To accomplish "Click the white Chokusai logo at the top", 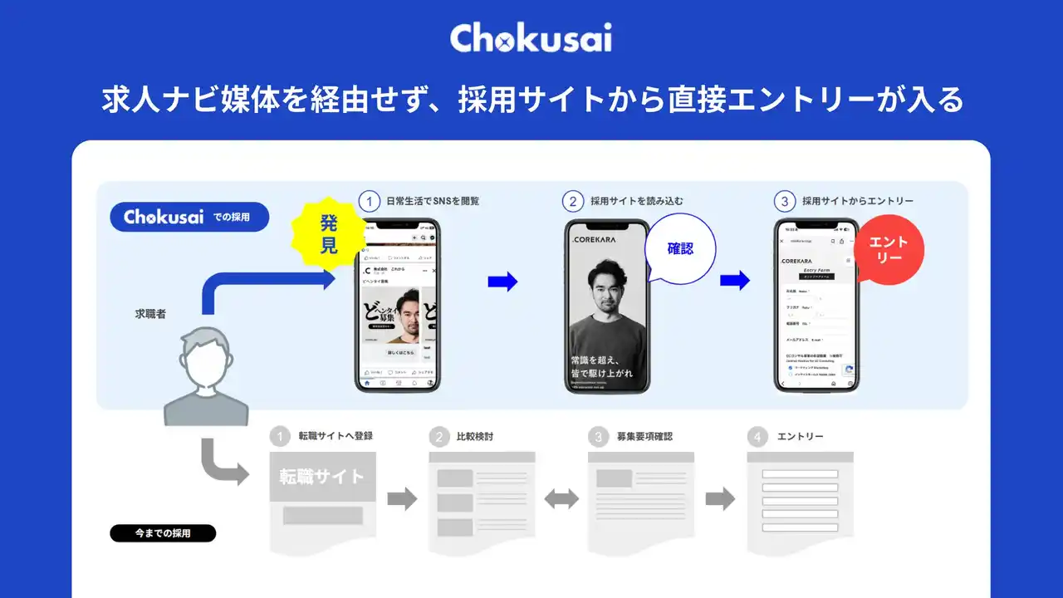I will (531, 37).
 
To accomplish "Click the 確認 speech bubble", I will (679, 248).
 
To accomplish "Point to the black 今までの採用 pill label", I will (163, 533).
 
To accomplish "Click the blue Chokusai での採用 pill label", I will (189, 217).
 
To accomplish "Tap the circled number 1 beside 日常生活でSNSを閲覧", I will (370, 201).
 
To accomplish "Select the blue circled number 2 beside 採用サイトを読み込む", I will (573, 201).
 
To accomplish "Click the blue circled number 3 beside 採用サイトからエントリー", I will (784, 201).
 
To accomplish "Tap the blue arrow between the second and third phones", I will (734, 281).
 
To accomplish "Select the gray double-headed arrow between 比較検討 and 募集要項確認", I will (561, 499).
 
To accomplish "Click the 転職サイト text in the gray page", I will (321, 477).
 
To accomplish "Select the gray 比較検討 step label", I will (474, 436).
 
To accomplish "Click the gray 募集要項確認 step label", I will (644, 436).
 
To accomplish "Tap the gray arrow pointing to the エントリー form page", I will (720, 499).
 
